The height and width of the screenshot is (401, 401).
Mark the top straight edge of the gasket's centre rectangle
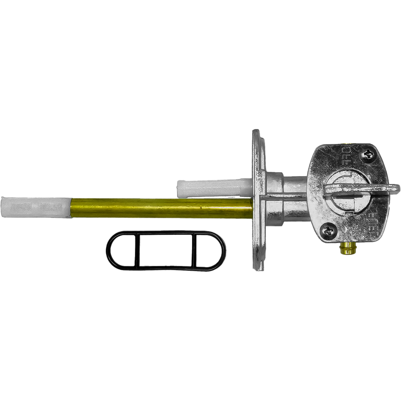[166, 234]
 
